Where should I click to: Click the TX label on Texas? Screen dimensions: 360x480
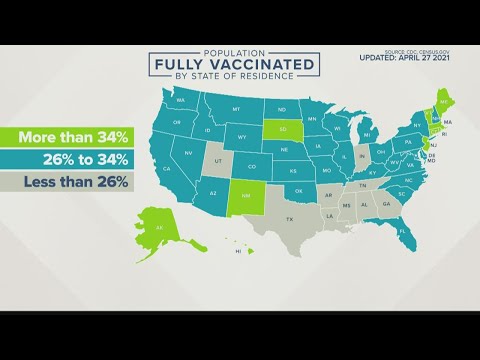click(292, 219)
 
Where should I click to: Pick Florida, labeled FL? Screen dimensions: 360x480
click(402, 232)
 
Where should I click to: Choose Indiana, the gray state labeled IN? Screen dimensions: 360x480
click(361, 156)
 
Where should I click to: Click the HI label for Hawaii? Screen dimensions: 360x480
click(237, 252)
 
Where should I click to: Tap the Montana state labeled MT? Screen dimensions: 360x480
click(236, 109)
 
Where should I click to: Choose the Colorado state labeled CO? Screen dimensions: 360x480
click(252, 166)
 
